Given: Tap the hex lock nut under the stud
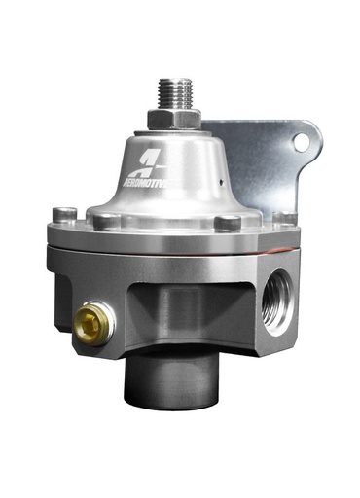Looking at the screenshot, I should (173, 119).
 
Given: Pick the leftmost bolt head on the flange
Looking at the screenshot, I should (64, 214).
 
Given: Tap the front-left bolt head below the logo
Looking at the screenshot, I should (100, 221).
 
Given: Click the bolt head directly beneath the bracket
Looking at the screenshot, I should (280, 218).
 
